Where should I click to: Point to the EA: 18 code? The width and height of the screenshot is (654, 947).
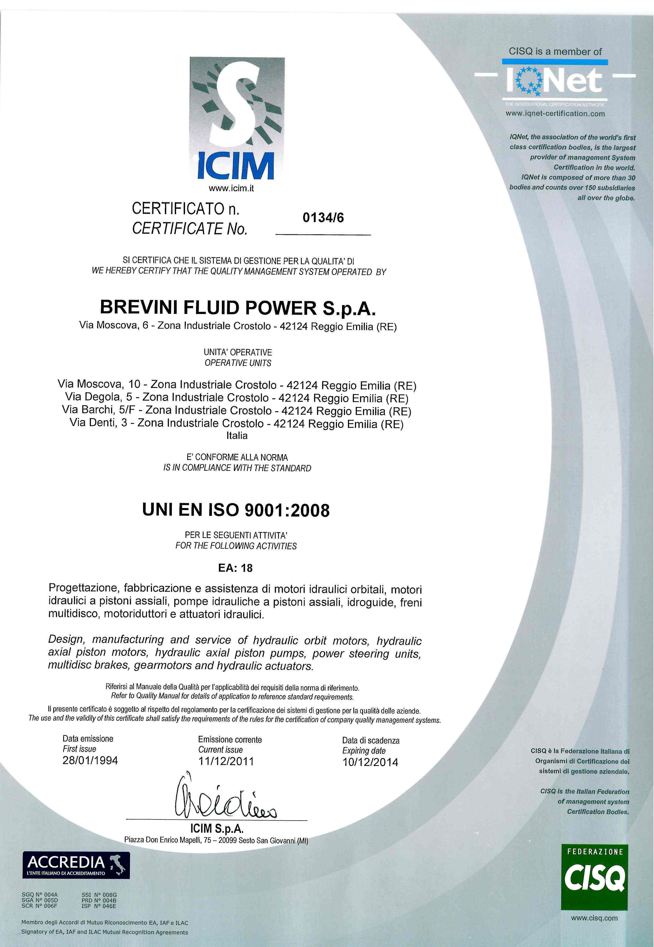(x=235, y=568)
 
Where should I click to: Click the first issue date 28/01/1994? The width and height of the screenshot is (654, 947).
(x=90, y=761)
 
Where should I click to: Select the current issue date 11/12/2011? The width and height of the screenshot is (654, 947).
(x=226, y=762)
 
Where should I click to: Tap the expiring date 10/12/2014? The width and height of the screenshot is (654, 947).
(x=370, y=762)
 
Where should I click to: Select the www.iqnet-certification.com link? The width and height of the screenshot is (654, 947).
(x=555, y=114)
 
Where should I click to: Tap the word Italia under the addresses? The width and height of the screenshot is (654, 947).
(x=237, y=436)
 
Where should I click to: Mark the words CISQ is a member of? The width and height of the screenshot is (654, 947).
(x=555, y=52)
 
